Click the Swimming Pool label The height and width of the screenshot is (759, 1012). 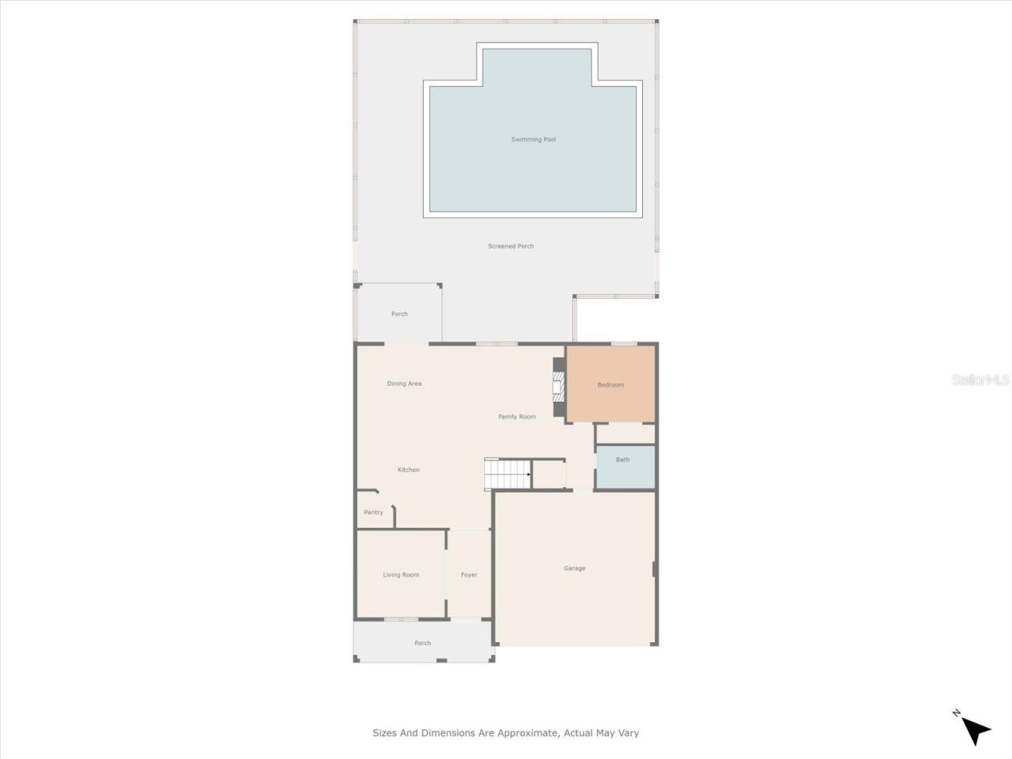(533, 140)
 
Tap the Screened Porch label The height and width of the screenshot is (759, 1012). (511, 247)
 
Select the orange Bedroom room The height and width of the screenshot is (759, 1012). (610, 385)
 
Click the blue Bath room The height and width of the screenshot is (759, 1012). (624, 466)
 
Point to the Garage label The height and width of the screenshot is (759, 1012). (575, 568)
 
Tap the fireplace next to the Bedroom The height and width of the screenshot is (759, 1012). (559, 387)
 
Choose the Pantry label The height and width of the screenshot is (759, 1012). (373, 512)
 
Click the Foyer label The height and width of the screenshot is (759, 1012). (469, 575)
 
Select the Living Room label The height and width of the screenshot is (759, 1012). (401, 575)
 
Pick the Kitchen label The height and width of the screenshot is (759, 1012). (409, 470)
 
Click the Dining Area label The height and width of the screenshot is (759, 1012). (404, 383)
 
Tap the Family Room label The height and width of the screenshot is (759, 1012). (517, 417)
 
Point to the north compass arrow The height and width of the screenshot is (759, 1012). (976, 729)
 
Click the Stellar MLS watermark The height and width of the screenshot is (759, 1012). (980, 380)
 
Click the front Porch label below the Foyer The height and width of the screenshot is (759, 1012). (423, 643)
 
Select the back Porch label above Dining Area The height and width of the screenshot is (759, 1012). (399, 314)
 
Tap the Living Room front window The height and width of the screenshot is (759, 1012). (401, 618)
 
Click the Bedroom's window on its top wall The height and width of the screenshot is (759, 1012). (624, 344)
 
